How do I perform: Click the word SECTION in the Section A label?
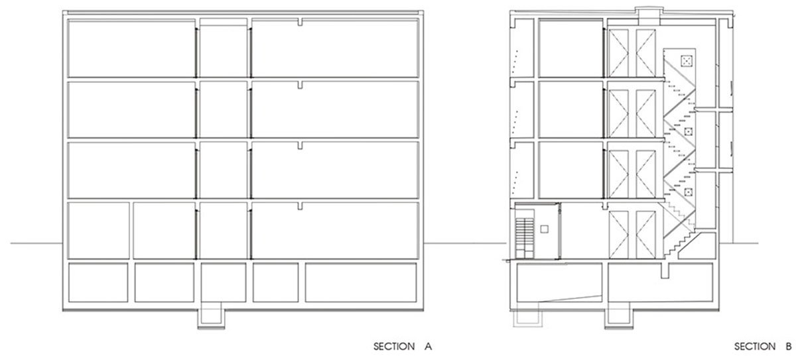pyautogui.click(x=394, y=346)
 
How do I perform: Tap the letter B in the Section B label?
pyautogui.click(x=789, y=346)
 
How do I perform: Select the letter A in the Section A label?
pyautogui.click(x=429, y=346)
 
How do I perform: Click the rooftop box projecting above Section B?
pyautogui.click(x=649, y=16)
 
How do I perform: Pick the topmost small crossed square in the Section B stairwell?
pyautogui.click(x=686, y=61)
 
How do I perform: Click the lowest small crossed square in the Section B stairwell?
pyautogui.click(x=689, y=192)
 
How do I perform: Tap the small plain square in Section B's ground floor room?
pyautogui.click(x=544, y=229)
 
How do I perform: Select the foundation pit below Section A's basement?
pyautogui.click(x=211, y=317)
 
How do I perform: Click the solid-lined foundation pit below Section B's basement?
pyautogui.click(x=619, y=317)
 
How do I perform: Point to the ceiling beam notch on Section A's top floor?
pyautogui.click(x=300, y=22)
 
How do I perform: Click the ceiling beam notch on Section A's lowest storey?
pyautogui.click(x=300, y=206)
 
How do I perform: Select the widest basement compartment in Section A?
pyautogui.click(x=361, y=282)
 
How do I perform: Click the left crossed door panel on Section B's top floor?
pyautogui.click(x=619, y=53)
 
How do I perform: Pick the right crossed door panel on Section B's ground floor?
pyautogui.click(x=645, y=235)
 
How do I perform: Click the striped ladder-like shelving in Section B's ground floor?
pyautogui.click(x=525, y=238)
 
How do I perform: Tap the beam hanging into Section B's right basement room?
pyautogui.click(x=665, y=270)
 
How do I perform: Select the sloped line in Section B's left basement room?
pyautogui.click(x=570, y=298)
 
